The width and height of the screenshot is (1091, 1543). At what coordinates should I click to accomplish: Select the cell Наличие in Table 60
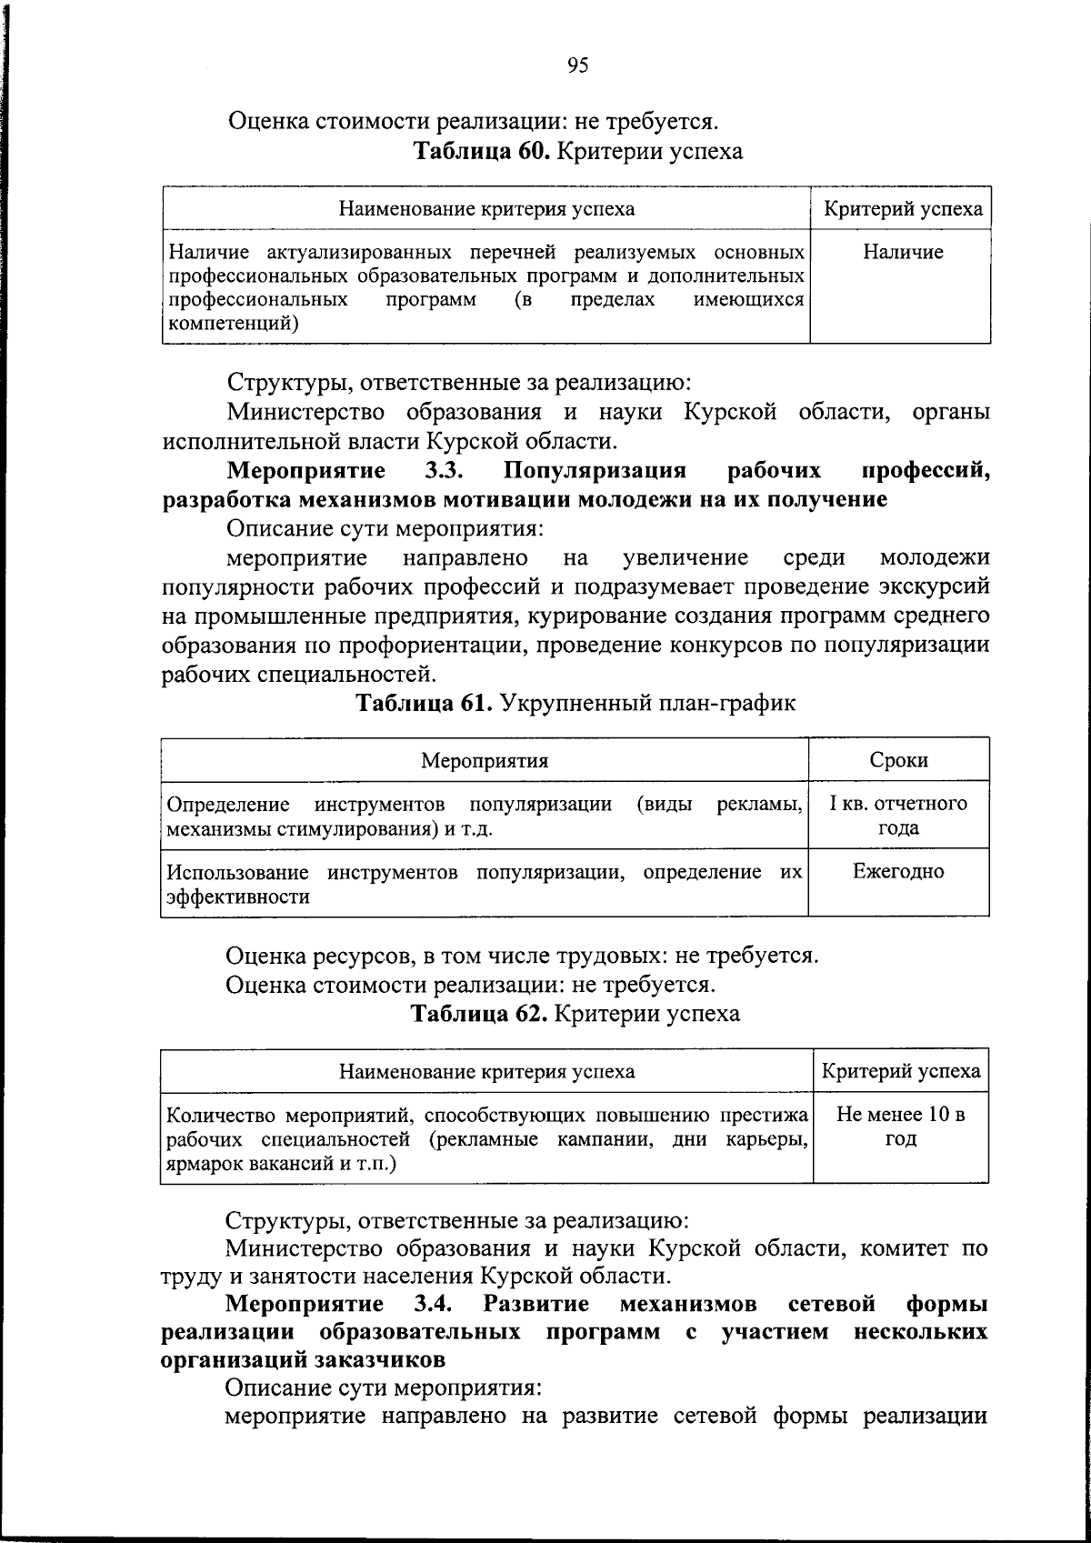(902, 253)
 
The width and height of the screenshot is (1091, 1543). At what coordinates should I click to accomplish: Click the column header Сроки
(898, 760)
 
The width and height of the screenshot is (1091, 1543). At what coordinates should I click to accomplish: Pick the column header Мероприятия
(485, 760)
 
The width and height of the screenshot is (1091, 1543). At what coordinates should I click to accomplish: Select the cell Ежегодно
(898, 872)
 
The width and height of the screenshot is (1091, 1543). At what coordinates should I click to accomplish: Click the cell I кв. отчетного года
(898, 816)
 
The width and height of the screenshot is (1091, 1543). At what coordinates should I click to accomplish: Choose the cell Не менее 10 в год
(900, 1127)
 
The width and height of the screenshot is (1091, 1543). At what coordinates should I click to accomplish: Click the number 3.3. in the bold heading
(445, 471)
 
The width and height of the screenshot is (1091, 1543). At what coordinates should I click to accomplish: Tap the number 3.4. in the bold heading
(434, 1305)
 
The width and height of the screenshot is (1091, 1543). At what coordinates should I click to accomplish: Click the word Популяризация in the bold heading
(594, 471)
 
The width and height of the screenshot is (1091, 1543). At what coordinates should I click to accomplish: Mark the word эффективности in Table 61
(237, 897)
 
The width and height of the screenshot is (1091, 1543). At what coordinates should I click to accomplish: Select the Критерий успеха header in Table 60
(902, 209)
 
